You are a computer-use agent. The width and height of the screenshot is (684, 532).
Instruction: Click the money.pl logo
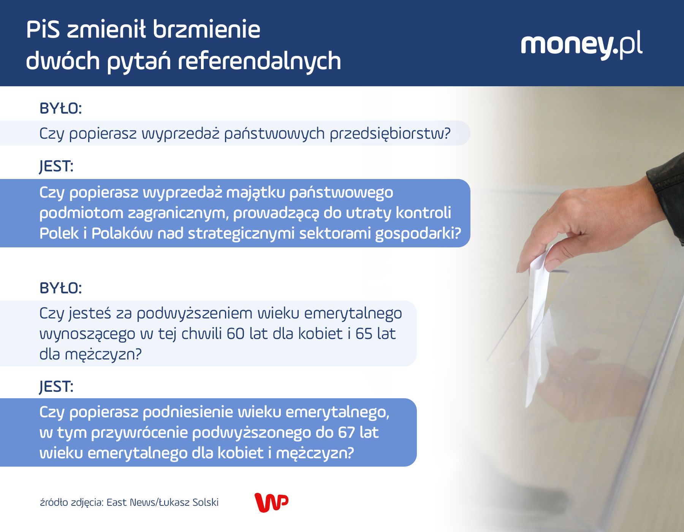581,45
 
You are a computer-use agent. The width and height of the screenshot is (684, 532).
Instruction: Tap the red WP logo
271,502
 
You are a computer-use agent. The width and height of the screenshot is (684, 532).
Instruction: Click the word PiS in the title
43,30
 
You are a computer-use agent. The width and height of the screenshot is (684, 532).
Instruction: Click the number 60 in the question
235,334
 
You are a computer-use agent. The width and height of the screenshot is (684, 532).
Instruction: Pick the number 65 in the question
364,334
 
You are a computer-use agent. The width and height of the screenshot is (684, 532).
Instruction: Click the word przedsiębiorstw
390,134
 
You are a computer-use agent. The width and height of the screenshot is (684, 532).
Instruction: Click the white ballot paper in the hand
540,304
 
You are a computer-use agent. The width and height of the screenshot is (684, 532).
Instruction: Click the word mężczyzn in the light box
103,355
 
